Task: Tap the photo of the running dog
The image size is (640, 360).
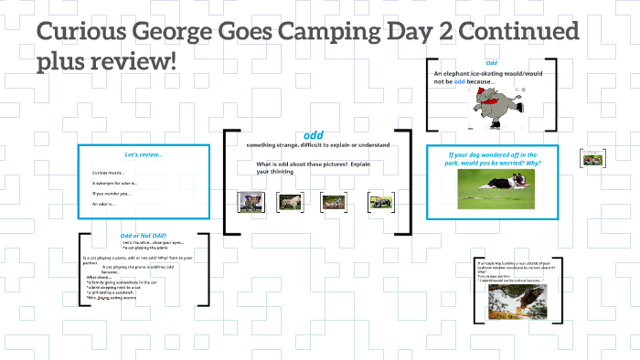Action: [x=497, y=188]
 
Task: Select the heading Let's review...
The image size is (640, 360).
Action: [x=144, y=154]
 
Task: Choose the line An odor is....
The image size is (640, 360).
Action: [x=106, y=204]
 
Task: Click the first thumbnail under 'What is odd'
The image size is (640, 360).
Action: [x=251, y=201]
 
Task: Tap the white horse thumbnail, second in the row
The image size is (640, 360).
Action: [x=291, y=202]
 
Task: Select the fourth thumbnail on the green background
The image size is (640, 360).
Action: [x=380, y=201]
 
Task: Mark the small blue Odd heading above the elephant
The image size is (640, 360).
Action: [x=491, y=63]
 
